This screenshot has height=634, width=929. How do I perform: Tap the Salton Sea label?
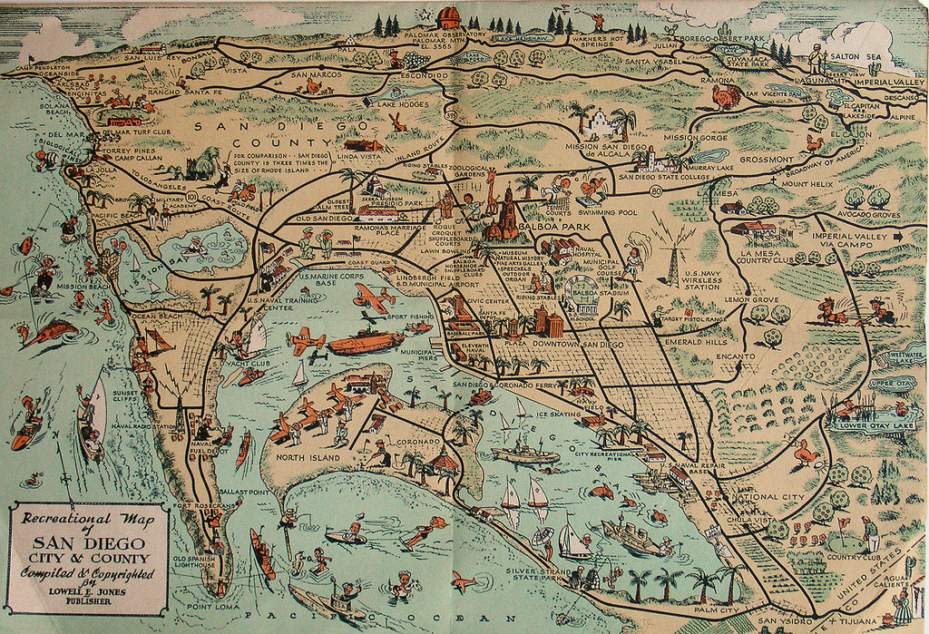click(865, 57)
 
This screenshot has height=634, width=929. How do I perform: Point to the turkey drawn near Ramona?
click(726, 96)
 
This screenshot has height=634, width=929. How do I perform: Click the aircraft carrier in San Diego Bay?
click(366, 342)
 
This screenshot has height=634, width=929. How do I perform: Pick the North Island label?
click(302, 456)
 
